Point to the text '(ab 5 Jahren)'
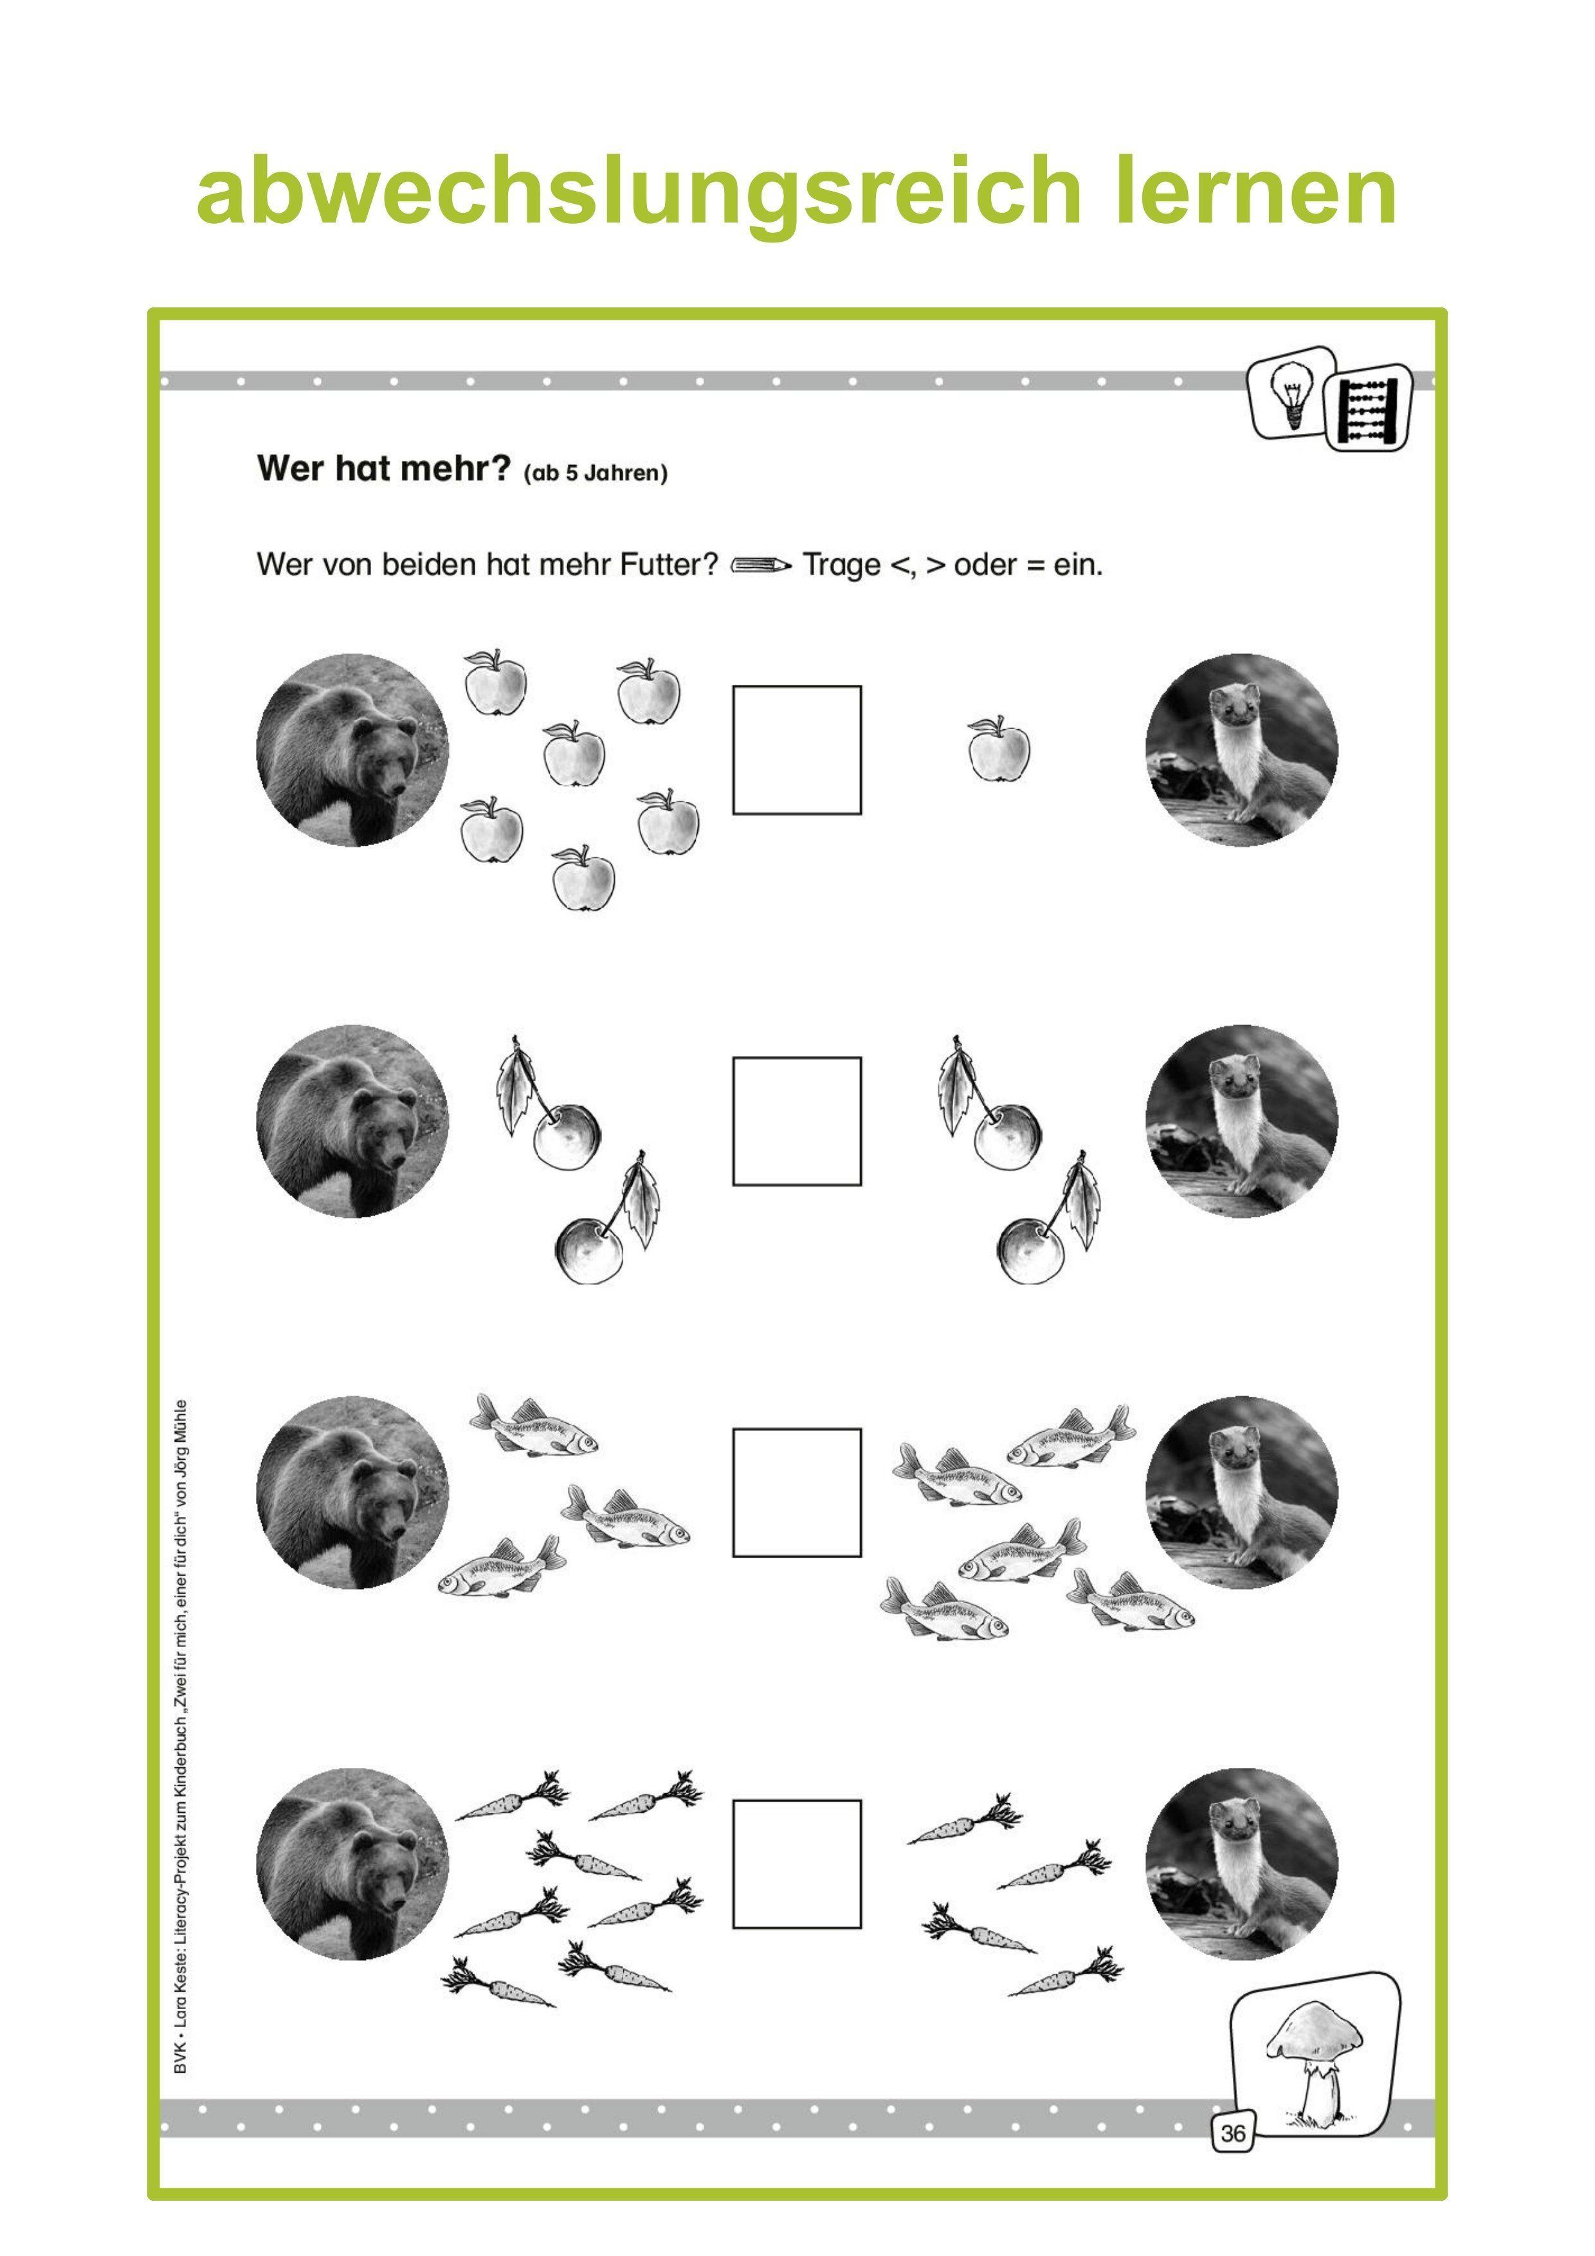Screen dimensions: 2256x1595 pyautogui.click(x=596, y=473)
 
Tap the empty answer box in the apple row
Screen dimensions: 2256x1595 pyautogui.click(x=796, y=750)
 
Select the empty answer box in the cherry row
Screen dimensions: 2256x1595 pyautogui.click(x=796, y=1121)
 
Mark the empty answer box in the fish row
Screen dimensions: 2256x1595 pyautogui.click(x=796, y=1493)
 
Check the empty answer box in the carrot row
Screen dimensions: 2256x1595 pyautogui.click(x=796, y=1864)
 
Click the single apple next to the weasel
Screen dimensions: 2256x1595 pyautogui.click(x=998, y=750)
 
